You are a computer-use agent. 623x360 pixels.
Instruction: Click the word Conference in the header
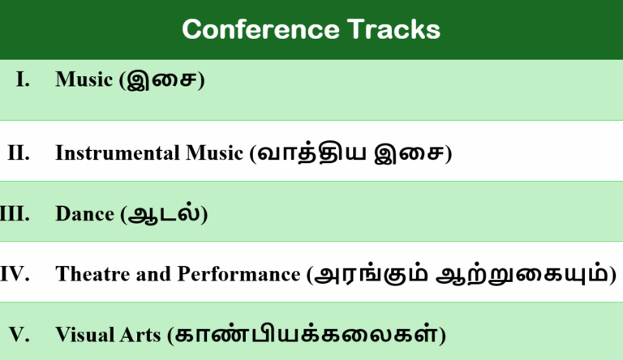pyautogui.click(x=260, y=29)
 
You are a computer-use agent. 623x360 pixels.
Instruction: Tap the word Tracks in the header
pyautogui.click(x=393, y=29)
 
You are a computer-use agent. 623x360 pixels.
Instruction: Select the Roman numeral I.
pyautogui.click(x=23, y=79)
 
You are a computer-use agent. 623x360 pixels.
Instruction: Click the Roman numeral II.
pyautogui.click(x=19, y=153)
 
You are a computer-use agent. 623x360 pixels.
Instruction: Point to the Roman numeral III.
pyautogui.click(x=15, y=214)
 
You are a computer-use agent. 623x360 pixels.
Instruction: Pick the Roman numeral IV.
pyautogui.click(x=15, y=274)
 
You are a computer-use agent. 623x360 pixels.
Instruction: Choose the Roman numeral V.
pyautogui.click(x=19, y=334)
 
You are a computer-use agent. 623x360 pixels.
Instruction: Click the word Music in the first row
pyautogui.click(x=84, y=79)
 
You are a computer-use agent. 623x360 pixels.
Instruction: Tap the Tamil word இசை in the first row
pyautogui.click(x=161, y=80)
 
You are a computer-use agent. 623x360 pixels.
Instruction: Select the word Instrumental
pyautogui.click(x=118, y=153)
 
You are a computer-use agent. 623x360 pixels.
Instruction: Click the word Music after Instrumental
pyautogui.click(x=214, y=153)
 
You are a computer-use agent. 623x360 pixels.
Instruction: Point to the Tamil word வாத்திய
pyautogui.click(x=311, y=153)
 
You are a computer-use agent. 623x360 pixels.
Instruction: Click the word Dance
pyautogui.click(x=85, y=214)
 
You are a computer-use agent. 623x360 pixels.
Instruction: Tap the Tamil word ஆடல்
pyautogui.click(x=164, y=213)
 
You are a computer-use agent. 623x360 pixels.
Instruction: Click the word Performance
pyautogui.click(x=238, y=274)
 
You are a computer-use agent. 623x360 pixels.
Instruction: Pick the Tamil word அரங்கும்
pyautogui.click(x=371, y=274)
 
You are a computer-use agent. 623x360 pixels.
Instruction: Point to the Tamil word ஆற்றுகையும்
pyautogui.click(x=522, y=274)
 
